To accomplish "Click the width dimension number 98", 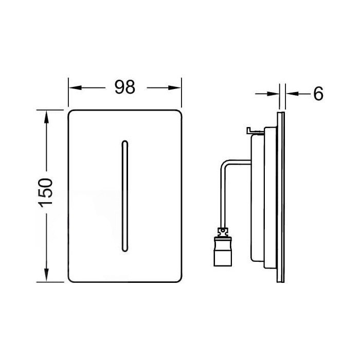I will [x=124, y=87].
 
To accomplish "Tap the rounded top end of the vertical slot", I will [x=124, y=141].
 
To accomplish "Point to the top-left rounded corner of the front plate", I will [x=71, y=113].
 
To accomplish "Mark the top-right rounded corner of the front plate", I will [x=178, y=113].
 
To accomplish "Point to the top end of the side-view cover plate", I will [x=281, y=112].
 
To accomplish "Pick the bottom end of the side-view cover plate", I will [x=281, y=280].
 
